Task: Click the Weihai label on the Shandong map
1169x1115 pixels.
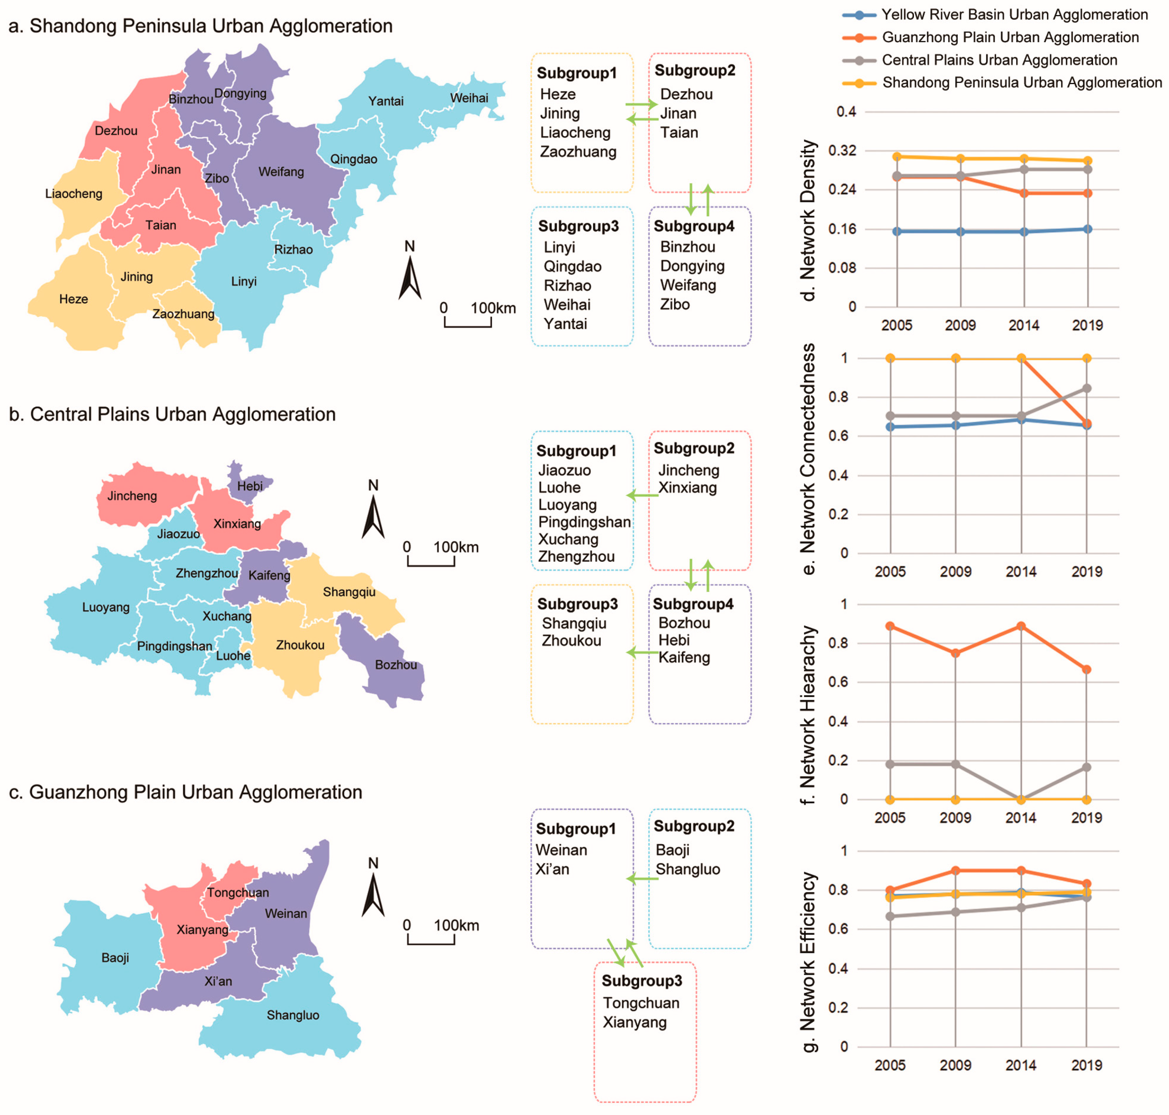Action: point(469,98)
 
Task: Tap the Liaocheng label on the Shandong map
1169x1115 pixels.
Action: point(74,194)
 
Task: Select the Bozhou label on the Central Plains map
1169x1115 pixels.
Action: point(396,665)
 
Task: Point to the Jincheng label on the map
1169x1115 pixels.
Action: point(132,496)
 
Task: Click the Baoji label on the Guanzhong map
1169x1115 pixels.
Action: point(115,958)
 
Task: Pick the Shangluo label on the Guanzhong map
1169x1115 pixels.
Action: point(292,1015)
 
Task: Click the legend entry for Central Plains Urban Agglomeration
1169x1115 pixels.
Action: point(998,60)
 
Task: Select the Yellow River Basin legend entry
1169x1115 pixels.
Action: point(1014,15)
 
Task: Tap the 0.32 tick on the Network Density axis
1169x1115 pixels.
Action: point(846,150)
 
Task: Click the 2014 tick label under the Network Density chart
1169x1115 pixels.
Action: point(1023,325)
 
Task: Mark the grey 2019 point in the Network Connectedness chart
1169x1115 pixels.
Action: point(1086,388)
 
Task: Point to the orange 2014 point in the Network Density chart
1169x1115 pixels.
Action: point(1023,193)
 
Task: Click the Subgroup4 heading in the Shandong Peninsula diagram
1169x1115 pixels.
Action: point(693,226)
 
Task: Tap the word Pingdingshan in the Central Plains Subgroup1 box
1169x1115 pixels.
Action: point(584,522)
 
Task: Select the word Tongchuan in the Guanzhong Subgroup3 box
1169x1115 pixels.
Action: point(641,1003)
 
